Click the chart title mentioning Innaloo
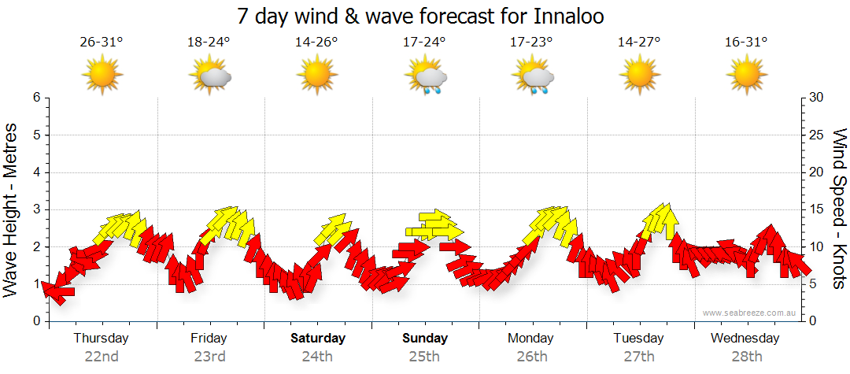click(425, 17)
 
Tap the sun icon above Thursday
click(102, 75)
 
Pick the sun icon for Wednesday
click(747, 75)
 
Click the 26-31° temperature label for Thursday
click(102, 43)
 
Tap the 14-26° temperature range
click(317, 43)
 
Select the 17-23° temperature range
click(533, 43)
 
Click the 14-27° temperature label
click(639, 43)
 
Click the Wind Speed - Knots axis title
click(839, 209)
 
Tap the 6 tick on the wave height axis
click(35, 98)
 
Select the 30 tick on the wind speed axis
click(818, 98)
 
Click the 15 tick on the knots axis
click(818, 209)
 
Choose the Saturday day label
click(318, 338)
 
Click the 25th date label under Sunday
click(425, 356)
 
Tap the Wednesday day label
click(745, 338)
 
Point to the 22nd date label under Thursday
click(102, 356)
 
